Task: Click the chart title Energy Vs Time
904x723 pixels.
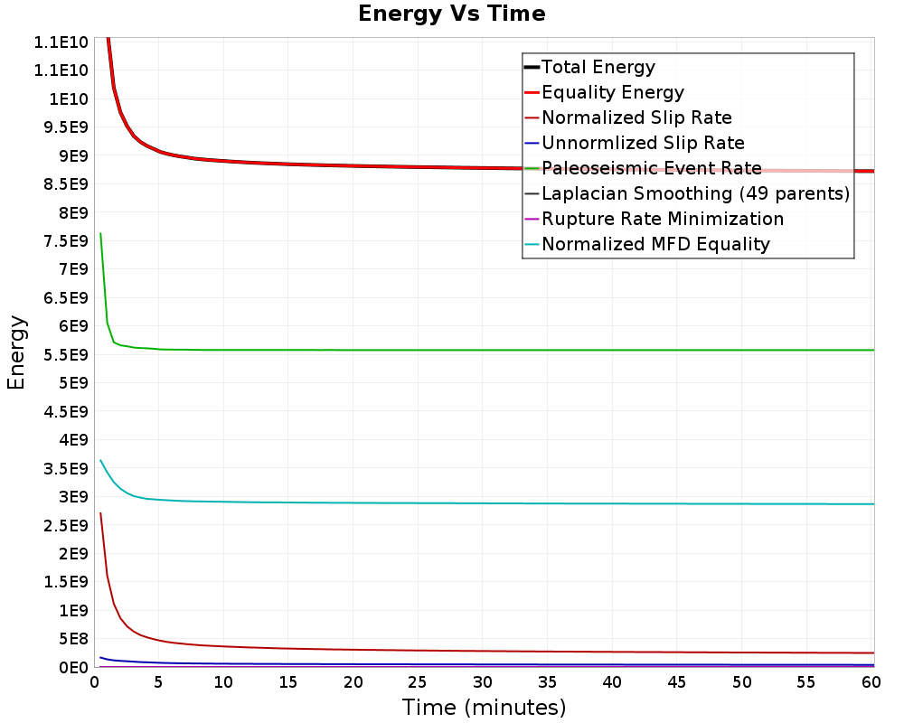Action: pyautogui.click(x=451, y=14)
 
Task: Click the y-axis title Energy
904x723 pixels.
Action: pyautogui.click(x=16, y=352)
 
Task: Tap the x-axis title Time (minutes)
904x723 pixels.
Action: pyautogui.click(x=484, y=707)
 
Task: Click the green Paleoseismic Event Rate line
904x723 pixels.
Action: pyautogui.click(x=487, y=350)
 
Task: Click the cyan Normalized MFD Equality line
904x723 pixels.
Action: pyautogui.click(x=487, y=503)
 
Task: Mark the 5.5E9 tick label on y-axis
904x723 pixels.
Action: pyautogui.click(x=66, y=354)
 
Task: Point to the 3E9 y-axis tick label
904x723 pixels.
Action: pyautogui.click(x=73, y=496)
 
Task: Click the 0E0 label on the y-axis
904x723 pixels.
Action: pyautogui.click(x=73, y=667)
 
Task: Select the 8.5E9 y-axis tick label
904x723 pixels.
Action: pyautogui.click(x=66, y=184)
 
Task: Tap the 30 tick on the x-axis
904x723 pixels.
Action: pyautogui.click(x=483, y=682)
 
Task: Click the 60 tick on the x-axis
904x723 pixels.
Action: pyautogui.click(x=871, y=682)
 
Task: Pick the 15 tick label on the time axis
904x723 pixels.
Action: pyautogui.click(x=287, y=682)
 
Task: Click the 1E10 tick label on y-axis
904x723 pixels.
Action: pyautogui.click(x=69, y=99)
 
